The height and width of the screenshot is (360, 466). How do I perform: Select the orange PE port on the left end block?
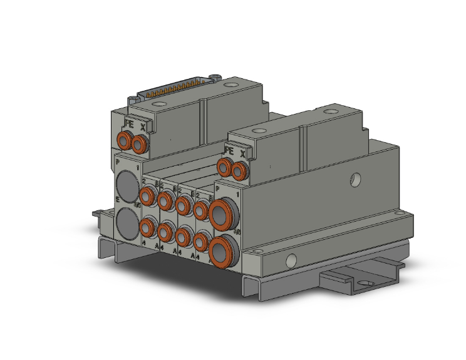[123, 140]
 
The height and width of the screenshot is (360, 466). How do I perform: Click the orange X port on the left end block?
[139, 145]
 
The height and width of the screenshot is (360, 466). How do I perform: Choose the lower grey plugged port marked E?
[127, 221]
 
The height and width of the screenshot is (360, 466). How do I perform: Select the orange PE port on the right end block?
[224, 166]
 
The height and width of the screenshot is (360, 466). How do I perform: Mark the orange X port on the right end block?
[239, 170]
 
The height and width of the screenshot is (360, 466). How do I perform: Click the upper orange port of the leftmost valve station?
[148, 197]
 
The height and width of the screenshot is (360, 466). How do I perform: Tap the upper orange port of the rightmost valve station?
[200, 210]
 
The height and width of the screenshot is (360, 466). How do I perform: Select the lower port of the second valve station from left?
[165, 232]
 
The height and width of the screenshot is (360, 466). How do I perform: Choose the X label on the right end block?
[244, 153]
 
